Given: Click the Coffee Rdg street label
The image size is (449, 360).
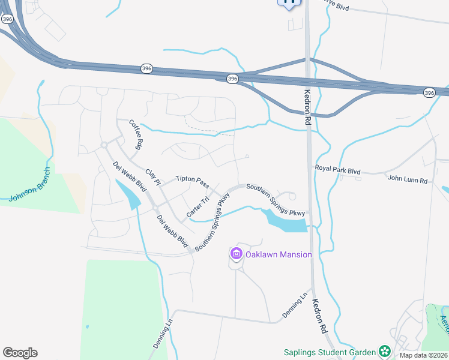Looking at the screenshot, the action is (137, 134).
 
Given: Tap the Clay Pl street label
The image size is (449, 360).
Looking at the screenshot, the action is (154, 174).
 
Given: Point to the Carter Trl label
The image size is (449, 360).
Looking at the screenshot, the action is (197, 206).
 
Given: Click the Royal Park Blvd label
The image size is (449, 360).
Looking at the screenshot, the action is (337, 169).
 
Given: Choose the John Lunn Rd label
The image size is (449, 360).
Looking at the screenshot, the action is (407, 179).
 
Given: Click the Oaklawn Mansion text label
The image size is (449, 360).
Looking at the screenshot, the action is (279, 254).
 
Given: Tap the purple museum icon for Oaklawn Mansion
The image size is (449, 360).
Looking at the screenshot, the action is (236, 254).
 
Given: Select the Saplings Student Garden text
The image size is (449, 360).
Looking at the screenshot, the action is (330, 352).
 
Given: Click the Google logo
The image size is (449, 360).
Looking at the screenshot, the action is (20, 353).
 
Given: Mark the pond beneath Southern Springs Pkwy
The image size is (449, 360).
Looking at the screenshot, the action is (285, 222).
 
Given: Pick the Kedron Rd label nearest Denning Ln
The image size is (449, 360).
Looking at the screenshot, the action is (318, 318).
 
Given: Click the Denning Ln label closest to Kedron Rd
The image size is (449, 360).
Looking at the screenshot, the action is (295, 306).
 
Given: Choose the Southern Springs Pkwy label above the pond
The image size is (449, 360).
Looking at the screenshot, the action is (276, 200).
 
